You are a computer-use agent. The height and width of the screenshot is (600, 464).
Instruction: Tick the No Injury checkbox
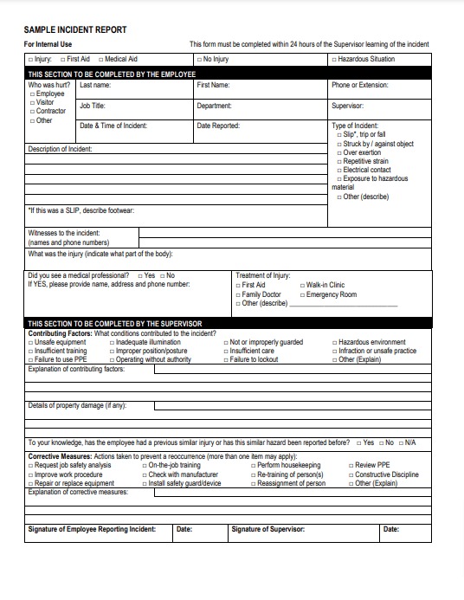[x=198, y=60]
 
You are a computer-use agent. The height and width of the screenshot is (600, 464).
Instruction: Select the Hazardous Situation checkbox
[x=332, y=60]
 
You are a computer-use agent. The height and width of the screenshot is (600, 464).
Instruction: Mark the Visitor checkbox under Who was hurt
[x=32, y=103]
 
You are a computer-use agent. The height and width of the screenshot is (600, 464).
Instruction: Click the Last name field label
[x=95, y=85]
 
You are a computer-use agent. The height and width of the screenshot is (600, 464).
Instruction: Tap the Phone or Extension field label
[x=359, y=85]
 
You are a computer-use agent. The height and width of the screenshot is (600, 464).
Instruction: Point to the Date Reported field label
[x=218, y=126]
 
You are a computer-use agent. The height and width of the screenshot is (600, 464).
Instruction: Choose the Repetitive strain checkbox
[x=338, y=162]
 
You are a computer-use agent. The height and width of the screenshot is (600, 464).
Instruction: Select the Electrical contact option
[x=338, y=171]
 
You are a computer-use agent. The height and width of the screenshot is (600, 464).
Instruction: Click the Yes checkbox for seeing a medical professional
[x=139, y=275]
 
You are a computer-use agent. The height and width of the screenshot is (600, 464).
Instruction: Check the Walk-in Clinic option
[x=302, y=285]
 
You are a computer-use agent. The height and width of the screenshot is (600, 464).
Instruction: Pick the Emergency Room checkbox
[x=302, y=294]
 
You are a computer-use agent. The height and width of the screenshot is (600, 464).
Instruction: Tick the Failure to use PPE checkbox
[x=31, y=359]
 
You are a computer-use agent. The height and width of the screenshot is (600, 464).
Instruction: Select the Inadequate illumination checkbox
[x=112, y=343]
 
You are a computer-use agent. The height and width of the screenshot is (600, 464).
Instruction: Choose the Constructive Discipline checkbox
[x=351, y=474]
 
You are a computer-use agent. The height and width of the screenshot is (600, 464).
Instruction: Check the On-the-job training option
[x=144, y=466]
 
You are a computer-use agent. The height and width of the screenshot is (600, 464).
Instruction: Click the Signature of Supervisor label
[x=268, y=529]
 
